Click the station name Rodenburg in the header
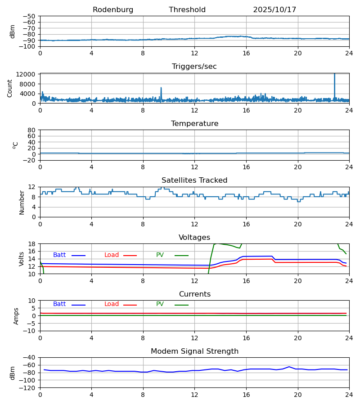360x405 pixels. tap(113, 10)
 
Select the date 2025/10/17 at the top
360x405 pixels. tap(274, 10)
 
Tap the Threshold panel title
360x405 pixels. tap(187, 10)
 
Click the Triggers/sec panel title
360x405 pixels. tap(194, 67)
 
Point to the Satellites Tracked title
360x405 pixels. tap(194, 180)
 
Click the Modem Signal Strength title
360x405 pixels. tap(194, 351)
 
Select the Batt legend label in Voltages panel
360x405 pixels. tap(59, 255)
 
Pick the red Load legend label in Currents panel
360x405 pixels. tap(112, 304)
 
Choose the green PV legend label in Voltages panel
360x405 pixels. tap(160, 255)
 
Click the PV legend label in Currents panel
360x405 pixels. tap(160, 304)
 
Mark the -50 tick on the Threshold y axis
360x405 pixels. tap(31, 16)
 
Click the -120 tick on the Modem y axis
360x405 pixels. tap(29, 387)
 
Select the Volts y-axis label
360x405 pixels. tap(22, 259)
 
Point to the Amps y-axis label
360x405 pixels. tap(16, 316)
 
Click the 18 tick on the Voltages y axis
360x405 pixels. tap(32, 244)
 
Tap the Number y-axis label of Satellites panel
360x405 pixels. tap(22, 202)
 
